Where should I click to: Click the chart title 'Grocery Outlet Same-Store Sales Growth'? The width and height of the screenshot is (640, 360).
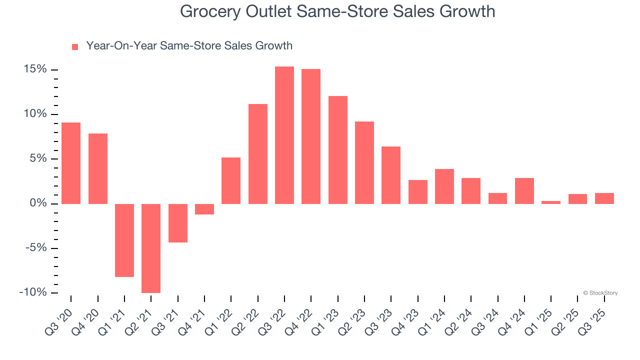337,11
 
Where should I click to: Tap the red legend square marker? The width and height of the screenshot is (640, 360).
75,46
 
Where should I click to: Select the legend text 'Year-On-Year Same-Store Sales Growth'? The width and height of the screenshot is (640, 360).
189,46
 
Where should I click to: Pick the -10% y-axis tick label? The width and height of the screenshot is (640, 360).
33,292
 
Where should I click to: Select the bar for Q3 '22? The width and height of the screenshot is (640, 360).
284,135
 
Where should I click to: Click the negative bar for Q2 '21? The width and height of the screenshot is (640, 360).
151,248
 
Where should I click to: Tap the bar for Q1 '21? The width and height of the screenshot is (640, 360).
124,240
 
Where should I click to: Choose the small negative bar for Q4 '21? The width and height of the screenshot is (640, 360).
204,209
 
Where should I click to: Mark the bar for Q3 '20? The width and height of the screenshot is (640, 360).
71,163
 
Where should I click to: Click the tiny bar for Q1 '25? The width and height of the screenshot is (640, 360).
551,202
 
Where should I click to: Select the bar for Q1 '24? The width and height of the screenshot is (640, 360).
444,186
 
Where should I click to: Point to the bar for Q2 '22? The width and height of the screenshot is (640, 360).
258,153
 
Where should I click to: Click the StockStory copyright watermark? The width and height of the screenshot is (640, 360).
600,293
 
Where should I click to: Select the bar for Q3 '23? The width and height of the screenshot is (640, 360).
391,175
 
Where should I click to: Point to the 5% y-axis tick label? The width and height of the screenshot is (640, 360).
38,159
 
